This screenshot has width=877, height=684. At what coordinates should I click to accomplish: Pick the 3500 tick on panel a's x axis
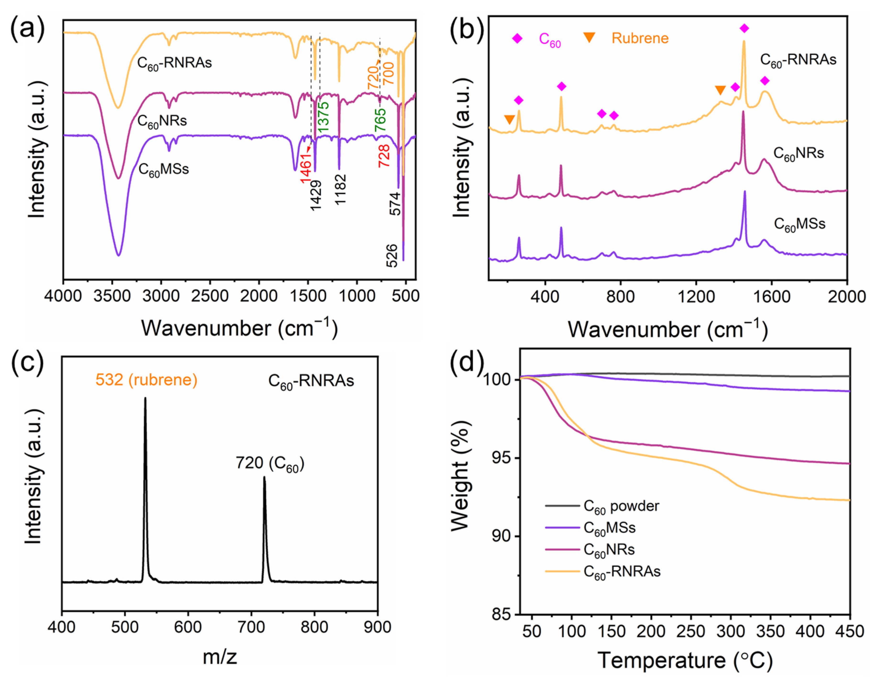pos(112,296)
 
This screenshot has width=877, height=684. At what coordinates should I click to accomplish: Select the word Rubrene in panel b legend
pos(640,38)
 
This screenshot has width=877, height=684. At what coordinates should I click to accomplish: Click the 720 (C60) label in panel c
pos(270,464)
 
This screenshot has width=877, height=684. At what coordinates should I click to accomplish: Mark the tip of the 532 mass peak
pos(145,398)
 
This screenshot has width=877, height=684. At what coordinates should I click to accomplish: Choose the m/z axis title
pos(220,657)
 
